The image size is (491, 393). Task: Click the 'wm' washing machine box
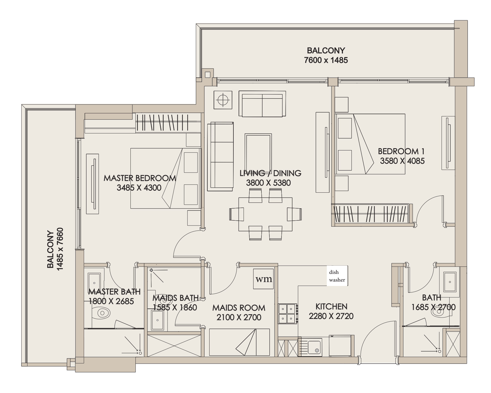[x=264, y=279]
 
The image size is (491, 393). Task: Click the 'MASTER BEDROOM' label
[x=140, y=178]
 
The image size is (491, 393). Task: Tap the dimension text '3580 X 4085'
[x=402, y=161]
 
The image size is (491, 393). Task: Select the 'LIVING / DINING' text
[x=270, y=173]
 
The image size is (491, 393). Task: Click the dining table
[x=265, y=214]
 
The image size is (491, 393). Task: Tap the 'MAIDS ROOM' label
[x=239, y=308]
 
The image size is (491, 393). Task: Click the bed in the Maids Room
[x=239, y=342]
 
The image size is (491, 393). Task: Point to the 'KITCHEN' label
[x=331, y=307]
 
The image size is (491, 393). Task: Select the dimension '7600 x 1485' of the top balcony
[x=326, y=60]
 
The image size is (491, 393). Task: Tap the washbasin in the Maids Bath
[x=158, y=320]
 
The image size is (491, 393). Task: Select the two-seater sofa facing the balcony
[x=262, y=104]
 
